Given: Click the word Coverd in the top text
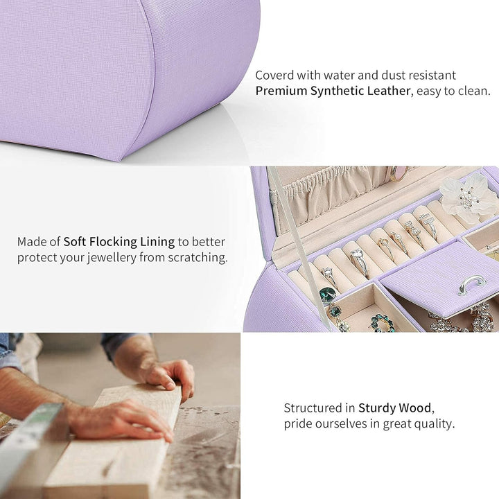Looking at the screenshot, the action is (x=274, y=76).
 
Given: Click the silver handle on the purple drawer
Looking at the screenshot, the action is (x=472, y=284).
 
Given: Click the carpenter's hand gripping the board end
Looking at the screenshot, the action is (x=168, y=377).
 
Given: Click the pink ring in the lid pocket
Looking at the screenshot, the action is (x=398, y=173).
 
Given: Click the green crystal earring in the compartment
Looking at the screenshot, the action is (x=383, y=324).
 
